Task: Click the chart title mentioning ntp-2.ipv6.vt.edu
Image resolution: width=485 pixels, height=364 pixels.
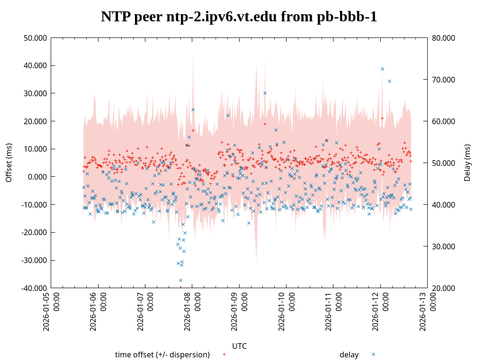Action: point(239,17)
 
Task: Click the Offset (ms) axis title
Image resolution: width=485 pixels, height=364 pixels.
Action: point(9,163)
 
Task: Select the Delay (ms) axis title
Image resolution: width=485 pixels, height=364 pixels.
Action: point(467,163)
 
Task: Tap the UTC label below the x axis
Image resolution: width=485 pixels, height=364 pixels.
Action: point(239,346)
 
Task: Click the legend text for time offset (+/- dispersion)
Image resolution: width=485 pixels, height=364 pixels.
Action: point(162,355)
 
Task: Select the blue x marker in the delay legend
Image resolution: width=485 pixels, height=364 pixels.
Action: point(373,355)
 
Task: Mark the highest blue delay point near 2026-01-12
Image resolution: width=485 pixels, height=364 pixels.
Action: point(382,69)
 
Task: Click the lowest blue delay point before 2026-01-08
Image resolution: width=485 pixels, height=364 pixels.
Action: point(180,280)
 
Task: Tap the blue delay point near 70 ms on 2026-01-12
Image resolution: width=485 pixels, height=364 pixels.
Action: point(389,81)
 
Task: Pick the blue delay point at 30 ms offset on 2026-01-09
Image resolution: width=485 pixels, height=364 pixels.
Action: point(265,93)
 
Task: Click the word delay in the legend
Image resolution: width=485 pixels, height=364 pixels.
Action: point(349,355)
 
